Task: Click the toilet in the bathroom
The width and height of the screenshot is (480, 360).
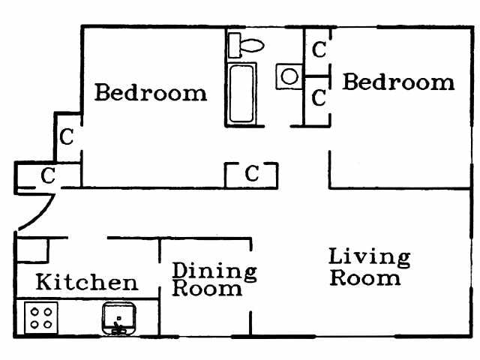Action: coord(247,44)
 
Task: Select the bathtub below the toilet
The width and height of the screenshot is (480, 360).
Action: coord(242,94)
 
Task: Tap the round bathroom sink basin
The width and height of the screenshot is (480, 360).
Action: coord(289,76)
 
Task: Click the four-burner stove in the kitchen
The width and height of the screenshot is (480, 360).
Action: coord(42,316)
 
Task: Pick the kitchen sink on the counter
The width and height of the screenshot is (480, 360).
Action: coord(118,319)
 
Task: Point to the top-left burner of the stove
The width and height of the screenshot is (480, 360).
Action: coord(34,309)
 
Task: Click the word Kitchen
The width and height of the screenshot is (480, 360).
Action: coord(87,283)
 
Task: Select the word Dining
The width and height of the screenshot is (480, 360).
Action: coord(214,271)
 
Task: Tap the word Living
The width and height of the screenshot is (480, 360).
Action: coord(369,257)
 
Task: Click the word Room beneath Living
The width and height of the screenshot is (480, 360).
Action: coord(365,278)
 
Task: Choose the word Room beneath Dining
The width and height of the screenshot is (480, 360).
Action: coord(208,289)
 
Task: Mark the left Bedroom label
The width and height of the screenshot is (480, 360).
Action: coord(150,94)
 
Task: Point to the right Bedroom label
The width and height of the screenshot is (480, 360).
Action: coord(398,82)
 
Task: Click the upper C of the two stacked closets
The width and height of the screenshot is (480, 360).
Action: coord(319,50)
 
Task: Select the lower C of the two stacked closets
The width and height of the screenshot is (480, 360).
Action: coord(319,97)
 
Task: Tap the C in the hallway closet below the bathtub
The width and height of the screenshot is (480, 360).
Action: coord(252,175)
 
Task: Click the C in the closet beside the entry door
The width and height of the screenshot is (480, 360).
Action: coord(47,176)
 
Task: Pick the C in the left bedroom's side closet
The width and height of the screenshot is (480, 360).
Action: coord(67,137)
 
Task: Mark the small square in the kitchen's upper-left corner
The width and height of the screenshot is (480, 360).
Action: coord(32,249)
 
